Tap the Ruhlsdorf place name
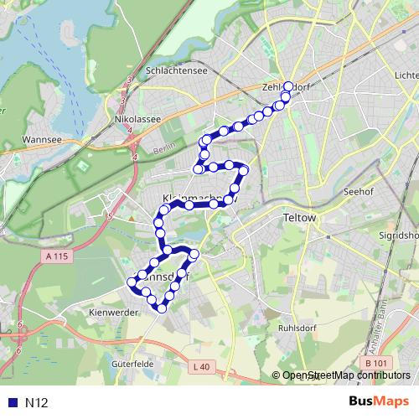(x=299, y=328)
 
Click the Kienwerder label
(x=113, y=312)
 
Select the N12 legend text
(x=36, y=402)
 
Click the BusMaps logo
(x=378, y=401)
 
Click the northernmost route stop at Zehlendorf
(x=288, y=86)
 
